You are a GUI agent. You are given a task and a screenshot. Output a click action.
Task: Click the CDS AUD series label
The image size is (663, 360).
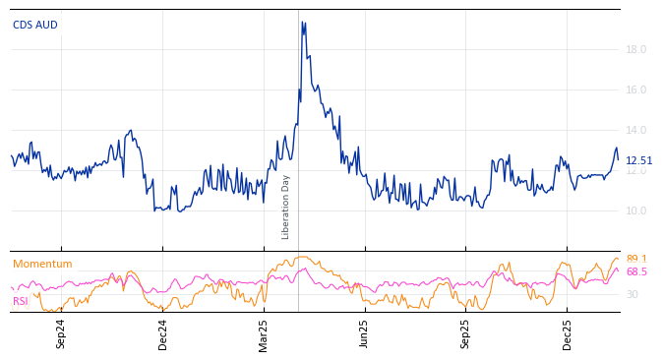[35, 25]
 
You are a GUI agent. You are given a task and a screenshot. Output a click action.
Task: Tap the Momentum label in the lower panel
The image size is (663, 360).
[42, 264]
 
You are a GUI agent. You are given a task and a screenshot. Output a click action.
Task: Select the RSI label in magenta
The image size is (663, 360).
[21, 301]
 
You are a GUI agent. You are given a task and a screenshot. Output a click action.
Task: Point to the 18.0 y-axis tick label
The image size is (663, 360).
[635, 49]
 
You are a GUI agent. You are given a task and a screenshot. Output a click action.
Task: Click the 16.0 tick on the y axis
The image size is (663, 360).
[635, 90]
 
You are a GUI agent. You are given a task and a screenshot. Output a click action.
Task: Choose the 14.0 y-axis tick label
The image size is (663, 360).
[635, 130]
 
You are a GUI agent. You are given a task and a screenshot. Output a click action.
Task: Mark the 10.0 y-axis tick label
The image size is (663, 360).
[635, 210]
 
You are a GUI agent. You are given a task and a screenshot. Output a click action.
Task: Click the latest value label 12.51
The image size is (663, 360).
[638, 160]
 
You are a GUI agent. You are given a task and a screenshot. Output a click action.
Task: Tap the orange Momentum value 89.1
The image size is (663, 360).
[636, 260]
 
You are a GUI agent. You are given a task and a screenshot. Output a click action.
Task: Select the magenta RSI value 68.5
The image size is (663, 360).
[636, 271]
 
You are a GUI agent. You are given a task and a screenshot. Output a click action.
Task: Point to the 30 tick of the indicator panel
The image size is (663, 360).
[632, 294]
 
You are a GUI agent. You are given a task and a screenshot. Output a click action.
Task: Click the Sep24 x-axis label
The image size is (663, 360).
[61, 333]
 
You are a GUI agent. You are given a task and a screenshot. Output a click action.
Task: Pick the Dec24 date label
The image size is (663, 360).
[163, 333]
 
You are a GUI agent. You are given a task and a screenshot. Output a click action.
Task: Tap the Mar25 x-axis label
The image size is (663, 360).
[264, 333]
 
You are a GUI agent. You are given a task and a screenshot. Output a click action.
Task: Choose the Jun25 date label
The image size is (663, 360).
[364, 333]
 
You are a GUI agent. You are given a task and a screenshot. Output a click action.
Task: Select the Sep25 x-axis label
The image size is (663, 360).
[466, 333]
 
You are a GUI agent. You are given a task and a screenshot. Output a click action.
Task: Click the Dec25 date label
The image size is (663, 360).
[568, 333]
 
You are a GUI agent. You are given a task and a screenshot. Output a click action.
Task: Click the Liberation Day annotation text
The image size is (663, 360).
[286, 207]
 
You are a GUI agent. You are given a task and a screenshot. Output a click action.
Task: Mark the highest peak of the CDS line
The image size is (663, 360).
[303, 22]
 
